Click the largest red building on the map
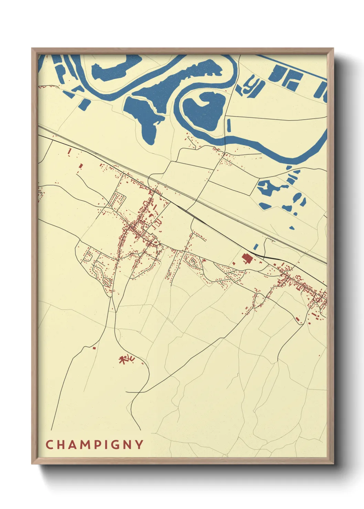pos(247,258)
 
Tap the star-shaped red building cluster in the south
pos(126,360)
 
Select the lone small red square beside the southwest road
pos(94,348)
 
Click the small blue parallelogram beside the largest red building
pos(256,246)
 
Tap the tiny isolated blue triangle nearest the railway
pos(292,227)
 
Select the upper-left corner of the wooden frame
pos(32,49)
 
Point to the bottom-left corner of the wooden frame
pos(32,464)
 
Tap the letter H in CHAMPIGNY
pos(63,445)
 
